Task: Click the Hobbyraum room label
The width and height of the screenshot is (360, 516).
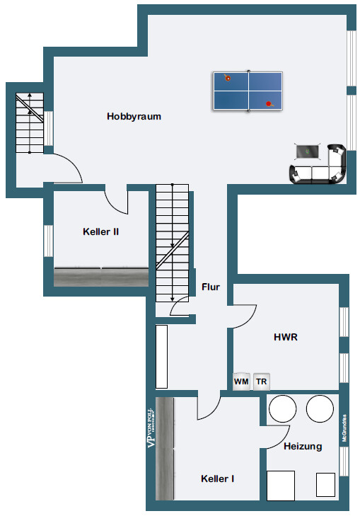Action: [x=134, y=116]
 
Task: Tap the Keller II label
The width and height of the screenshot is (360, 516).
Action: [x=100, y=231]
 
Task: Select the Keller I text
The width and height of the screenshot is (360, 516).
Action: [x=218, y=478]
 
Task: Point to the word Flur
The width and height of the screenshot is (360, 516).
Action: [x=211, y=287]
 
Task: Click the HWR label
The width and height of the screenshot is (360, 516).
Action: [x=286, y=338]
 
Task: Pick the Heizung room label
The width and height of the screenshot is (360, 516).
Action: [x=303, y=447]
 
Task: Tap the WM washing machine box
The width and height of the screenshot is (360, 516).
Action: [x=241, y=382]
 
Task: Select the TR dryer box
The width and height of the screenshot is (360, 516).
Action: [x=262, y=382]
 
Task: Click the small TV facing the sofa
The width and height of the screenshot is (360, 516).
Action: [x=308, y=151]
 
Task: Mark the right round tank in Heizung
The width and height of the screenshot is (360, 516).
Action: [x=320, y=408]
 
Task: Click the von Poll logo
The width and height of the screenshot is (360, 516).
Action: [x=151, y=428]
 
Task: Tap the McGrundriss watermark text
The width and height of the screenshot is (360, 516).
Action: [x=344, y=428]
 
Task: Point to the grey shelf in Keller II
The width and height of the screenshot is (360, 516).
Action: [x=101, y=277]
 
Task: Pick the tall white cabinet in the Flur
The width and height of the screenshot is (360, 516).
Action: [x=161, y=356]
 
